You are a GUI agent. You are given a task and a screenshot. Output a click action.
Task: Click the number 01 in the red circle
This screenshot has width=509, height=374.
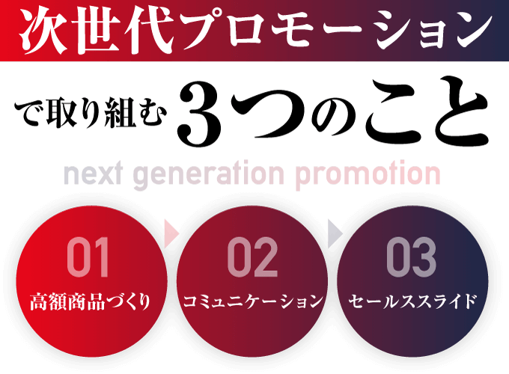coord(88,257)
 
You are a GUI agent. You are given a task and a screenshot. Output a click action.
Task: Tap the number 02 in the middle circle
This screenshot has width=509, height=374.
coord(252,257)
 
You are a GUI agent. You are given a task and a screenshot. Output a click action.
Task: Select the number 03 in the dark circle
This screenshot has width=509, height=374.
coord(411,257)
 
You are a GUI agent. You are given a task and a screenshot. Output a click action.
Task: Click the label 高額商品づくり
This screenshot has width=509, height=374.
coord(90,301)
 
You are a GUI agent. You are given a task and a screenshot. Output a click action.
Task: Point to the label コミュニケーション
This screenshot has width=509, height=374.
coord(253,301)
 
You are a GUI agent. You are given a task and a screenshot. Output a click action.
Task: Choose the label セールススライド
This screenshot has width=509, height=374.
coord(412,301)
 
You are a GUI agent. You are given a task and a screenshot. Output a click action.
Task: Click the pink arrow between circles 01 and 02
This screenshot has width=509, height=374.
coord(171,233)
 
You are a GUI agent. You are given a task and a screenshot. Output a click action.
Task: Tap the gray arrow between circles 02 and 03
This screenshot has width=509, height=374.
coord(335,233)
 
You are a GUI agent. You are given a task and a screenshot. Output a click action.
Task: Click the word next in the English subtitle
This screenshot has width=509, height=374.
coord(93,174)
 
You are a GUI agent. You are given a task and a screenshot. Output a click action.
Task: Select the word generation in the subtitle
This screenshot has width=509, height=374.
coord(208,175)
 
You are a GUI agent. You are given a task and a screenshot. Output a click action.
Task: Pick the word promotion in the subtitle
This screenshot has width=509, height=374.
coord(368,175)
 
